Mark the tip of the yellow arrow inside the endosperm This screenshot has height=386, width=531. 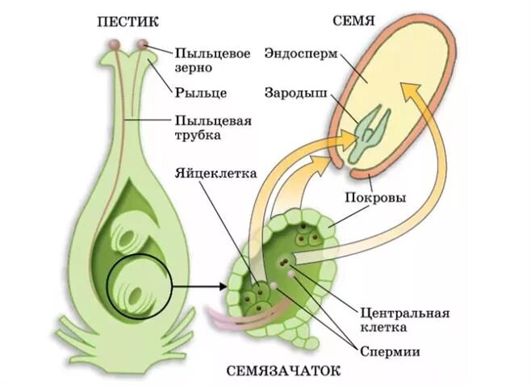tap(408, 91)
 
